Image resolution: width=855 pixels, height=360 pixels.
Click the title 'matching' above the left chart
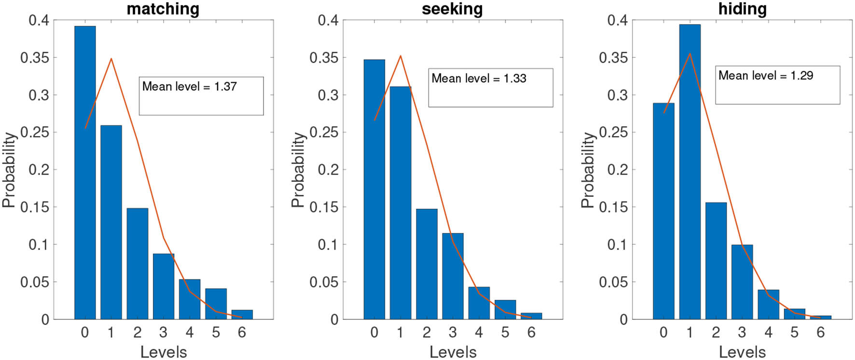tap(163, 9)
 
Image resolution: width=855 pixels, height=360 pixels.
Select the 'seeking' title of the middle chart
tap(452, 9)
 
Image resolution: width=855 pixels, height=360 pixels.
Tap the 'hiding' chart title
tap(742, 9)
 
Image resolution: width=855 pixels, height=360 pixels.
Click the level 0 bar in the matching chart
tap(85, 174)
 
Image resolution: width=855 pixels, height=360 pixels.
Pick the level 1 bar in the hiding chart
tap(690, 174)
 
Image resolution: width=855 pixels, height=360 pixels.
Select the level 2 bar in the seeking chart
tap(427, 264)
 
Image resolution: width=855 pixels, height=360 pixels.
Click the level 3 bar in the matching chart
tap(164, 287)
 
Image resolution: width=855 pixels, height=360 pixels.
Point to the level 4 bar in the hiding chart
tap(768, 305)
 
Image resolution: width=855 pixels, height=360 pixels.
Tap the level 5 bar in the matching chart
tap(216, 304)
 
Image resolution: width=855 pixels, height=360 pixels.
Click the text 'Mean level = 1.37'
tap(189, 86)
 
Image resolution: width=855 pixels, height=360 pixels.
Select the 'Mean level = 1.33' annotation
tap(479, 78)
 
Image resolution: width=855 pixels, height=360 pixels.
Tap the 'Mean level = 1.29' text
tap(766, 75)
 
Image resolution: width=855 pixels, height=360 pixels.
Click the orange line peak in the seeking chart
tap(400, 56)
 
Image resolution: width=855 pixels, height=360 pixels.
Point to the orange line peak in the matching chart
tap(111, 59)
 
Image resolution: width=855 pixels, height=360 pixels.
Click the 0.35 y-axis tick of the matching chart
tap(35, 58)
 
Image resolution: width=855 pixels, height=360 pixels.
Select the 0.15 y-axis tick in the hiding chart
tap(613, 208)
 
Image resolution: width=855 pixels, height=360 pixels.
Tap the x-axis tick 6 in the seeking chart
tap(531, 332)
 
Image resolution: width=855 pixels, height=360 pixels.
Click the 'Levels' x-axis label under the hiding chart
tap(742, 352)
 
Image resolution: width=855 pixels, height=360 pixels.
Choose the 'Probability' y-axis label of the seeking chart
tap(298, 170)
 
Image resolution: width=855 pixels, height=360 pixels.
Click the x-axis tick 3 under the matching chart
tap(164, 332)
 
